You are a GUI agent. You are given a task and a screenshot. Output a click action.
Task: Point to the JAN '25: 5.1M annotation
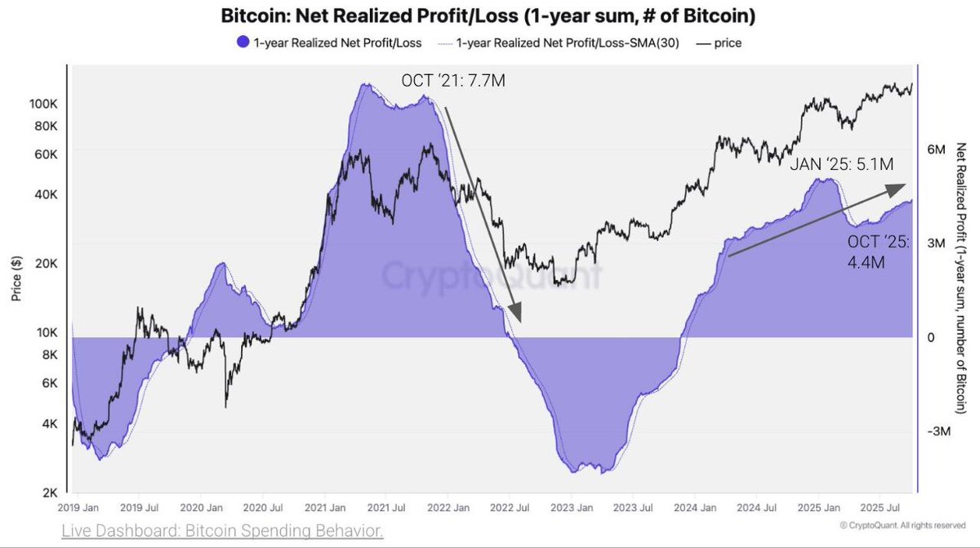click(841, 164)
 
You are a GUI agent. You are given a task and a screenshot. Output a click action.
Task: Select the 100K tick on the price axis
click(42, 105)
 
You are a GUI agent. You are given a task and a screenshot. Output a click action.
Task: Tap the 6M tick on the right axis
click(936, 150)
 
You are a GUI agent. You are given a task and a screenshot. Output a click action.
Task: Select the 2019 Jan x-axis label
click(80, 507)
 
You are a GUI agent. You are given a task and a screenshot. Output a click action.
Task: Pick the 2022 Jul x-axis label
click(510, 507)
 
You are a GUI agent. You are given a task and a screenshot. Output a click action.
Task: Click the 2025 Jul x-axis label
click(880, 507)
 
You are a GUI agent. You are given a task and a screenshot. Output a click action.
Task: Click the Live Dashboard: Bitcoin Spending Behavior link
click(222, 532)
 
